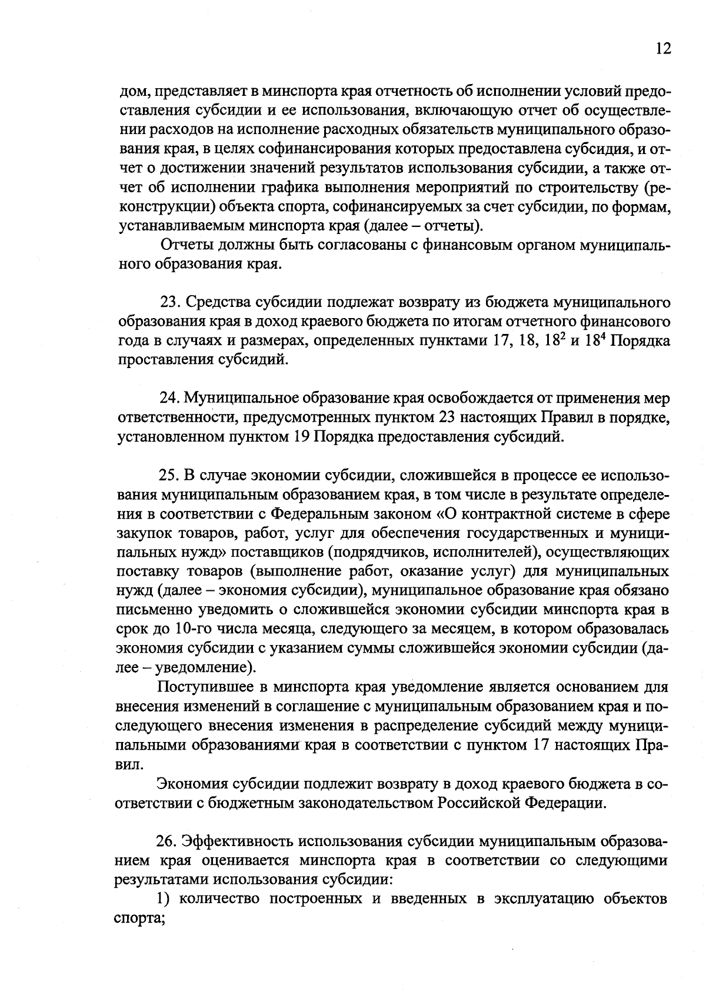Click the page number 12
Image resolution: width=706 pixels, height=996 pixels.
click(662, 48)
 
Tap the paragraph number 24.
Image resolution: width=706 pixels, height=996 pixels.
click(169, 398)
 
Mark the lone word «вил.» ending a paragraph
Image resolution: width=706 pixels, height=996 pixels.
click(129, 765)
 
